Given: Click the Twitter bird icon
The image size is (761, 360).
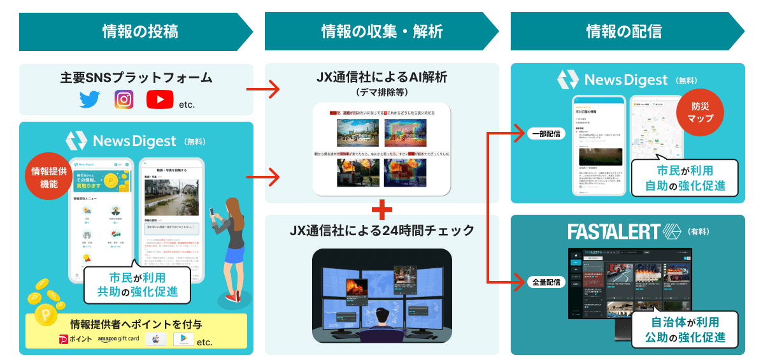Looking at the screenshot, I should [x=91, y=100].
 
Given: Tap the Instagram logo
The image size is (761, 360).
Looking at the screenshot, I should [x=124, y=100].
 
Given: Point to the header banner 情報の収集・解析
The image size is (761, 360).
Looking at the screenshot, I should [x=381, y=31].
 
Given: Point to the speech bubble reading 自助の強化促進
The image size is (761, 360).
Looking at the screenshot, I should [x=685, y=179].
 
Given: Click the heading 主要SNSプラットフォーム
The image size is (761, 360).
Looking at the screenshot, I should [x=136, y=78].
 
